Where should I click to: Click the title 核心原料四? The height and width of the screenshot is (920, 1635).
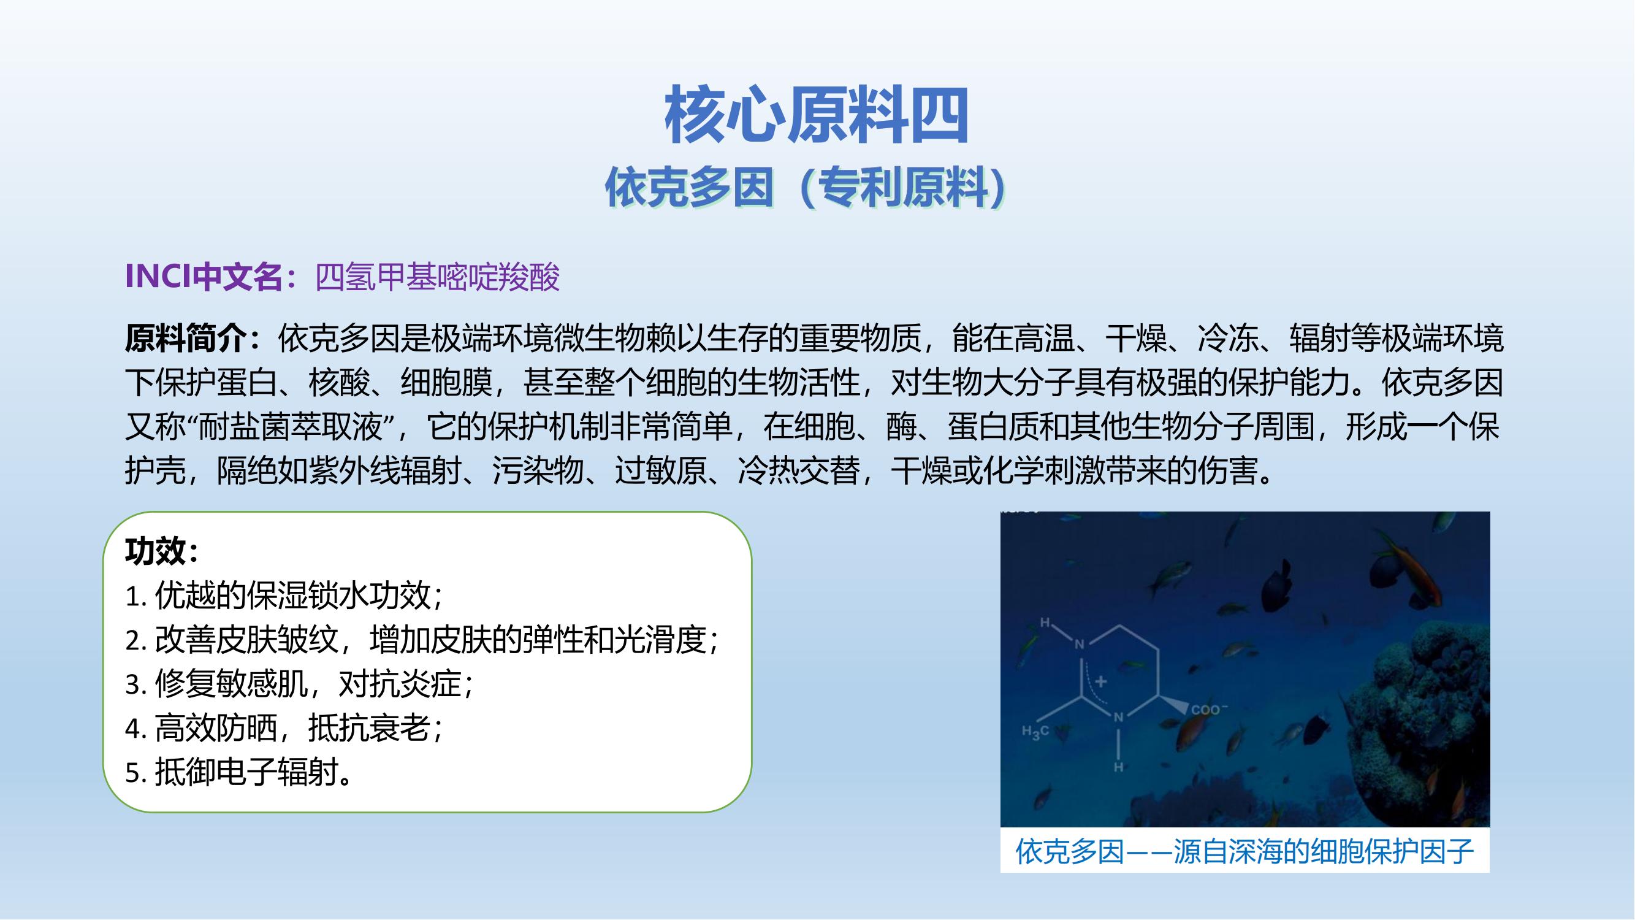(x=816, y=116)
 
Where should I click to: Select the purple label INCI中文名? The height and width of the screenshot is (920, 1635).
(x=204, y=276)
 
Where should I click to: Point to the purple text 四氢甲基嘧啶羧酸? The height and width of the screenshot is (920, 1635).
(x=437, y=276)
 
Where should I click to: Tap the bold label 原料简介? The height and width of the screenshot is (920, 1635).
(x=185, y=338)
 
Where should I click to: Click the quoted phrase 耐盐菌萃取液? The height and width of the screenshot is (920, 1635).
(x=291, y=427)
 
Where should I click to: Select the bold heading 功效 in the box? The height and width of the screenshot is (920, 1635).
(x=156, y=551)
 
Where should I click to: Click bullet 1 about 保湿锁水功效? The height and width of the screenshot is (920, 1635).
(x=284, y=595)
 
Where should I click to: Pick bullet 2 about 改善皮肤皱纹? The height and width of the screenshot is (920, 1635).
(x=422, y=639)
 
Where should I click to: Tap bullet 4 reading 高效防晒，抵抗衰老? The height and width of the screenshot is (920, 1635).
(x=284, y=727)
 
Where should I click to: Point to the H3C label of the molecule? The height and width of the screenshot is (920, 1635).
(x=1035, y=732)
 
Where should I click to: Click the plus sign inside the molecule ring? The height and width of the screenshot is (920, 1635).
(x=1100, y=681)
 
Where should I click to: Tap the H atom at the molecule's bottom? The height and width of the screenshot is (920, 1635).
(x=1118, y=767)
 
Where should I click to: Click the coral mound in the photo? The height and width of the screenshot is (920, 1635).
(x=1422, y=718)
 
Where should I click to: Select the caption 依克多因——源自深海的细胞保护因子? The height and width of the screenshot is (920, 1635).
(x=1244, y=851)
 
